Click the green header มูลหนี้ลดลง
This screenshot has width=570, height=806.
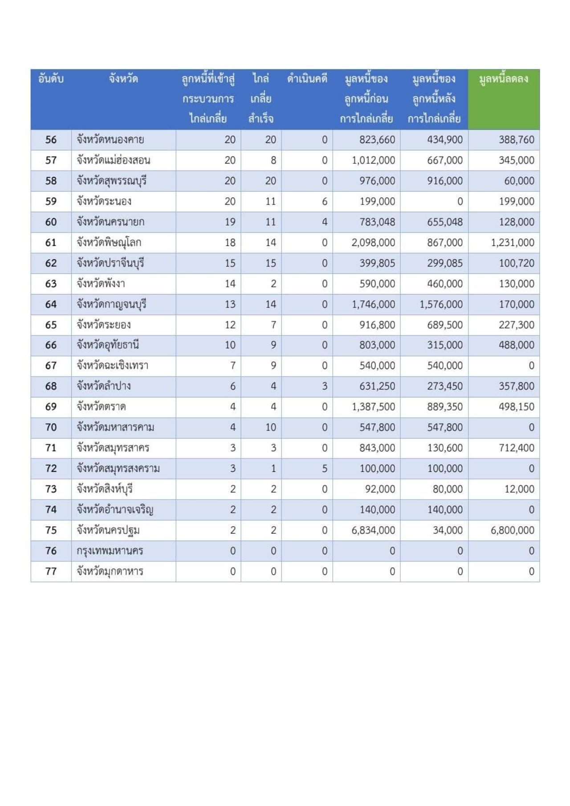(x=504, y=79)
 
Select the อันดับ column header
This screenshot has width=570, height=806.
(x=51, y=79)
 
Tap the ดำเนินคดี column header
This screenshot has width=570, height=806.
(x=307, y=79)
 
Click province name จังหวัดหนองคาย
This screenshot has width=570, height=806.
(x=110, y=140)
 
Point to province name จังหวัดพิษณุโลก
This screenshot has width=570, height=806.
(x=109, y=243)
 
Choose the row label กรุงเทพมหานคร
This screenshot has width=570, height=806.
(x=110, y=551)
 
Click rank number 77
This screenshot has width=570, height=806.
(x=51, y=572)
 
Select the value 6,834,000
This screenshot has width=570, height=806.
(x=373, y=531)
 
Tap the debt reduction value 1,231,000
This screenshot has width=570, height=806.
(x=513, y=243)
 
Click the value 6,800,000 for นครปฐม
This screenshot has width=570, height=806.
(x=513, y=531)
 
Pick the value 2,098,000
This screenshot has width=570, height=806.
(x=373, y=243)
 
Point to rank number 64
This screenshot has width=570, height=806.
(x=51, y=304)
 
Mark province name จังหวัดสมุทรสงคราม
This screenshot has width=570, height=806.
(x=118, y=469)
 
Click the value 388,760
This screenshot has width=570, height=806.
(x=517, y=140)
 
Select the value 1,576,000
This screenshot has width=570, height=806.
(x=441, y=304)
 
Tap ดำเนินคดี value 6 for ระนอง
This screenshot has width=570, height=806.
(x=325, y=201)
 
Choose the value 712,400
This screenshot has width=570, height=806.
(x=517, y=448)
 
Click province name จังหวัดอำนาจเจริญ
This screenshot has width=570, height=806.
(x=115, y=510)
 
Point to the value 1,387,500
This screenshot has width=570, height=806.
(x=373, y=407)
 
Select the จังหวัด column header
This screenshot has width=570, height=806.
(x=123, y=79)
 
